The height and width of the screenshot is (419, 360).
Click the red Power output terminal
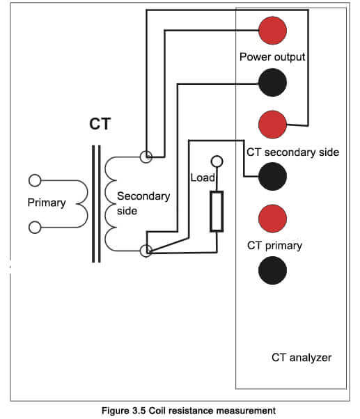click(x=272, y=31)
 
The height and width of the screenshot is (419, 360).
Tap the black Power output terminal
click(x=272, y=82)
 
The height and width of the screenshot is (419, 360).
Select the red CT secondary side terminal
click(x=272, y=125)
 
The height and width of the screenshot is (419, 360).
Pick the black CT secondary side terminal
click(x=272, y=176)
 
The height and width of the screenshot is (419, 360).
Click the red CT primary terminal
click(x=272, y=219)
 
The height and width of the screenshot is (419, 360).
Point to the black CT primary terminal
click(x=272, y=271)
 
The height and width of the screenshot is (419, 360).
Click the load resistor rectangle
click(x=217, y=211)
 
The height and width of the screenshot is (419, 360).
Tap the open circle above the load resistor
click(x=217, y=161)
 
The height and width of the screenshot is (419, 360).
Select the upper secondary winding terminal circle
click(x=146, y=157)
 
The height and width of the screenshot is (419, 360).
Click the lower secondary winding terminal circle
click(x=146, y=251)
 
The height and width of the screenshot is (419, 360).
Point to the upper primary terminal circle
click(x=35, y=180)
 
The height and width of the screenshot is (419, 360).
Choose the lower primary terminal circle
click(x=35, y=228)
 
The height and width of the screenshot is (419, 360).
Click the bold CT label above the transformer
click(x=100, y=124)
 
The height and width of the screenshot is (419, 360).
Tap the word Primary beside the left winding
click(x=47, y=203)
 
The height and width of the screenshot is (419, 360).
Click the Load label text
click(x=203, y=177)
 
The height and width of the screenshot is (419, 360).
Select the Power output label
click(x=272, y=57)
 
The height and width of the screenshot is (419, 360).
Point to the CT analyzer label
click(x=302, y=358)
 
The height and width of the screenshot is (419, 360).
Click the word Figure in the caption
click(x=114, y=411)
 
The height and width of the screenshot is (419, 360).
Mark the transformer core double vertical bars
click(x=96, y=204)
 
